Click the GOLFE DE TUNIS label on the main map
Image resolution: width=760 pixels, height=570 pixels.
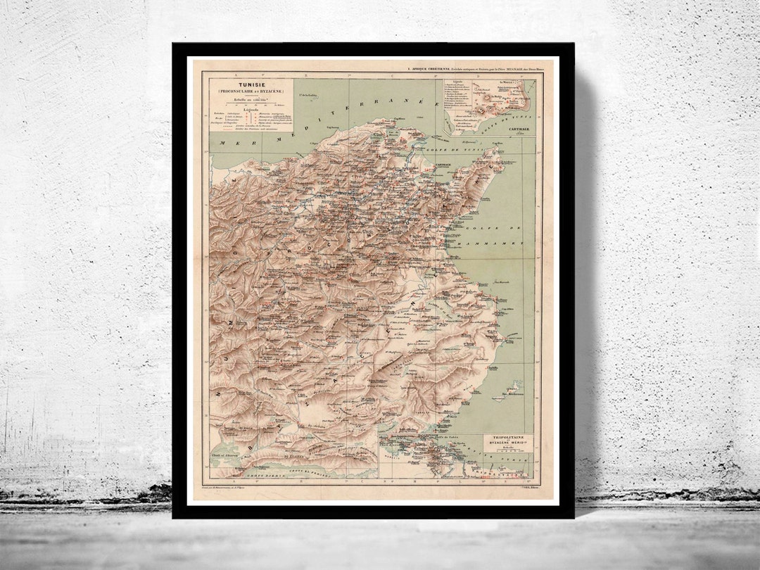(x=443, y=150)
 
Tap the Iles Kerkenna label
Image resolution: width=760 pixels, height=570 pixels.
(x=518, y=395)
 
